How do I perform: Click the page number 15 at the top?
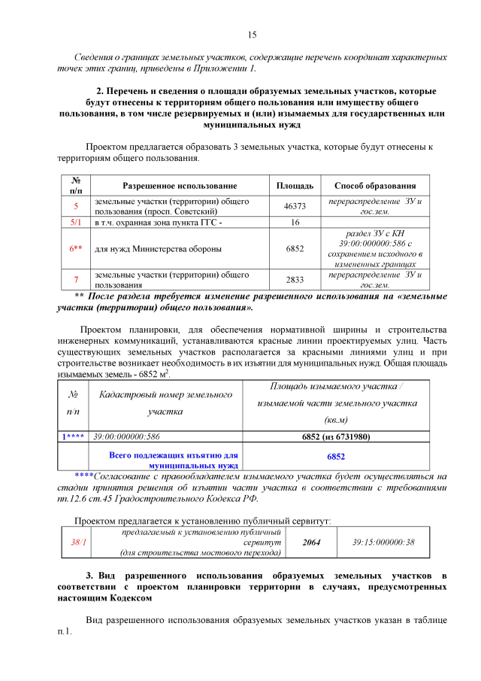point(252,35)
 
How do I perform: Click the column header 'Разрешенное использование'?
point(180,186)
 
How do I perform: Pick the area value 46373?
point(295,206)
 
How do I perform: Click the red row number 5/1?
point(76,223)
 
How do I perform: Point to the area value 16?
point(295,223)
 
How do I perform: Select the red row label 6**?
point(76,248)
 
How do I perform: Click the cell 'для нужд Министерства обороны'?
point(158,248)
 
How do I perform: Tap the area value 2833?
point(295,279)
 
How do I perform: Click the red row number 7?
point(76,279)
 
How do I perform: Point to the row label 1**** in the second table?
point(73,436)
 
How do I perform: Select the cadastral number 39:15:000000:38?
point(383,542)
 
